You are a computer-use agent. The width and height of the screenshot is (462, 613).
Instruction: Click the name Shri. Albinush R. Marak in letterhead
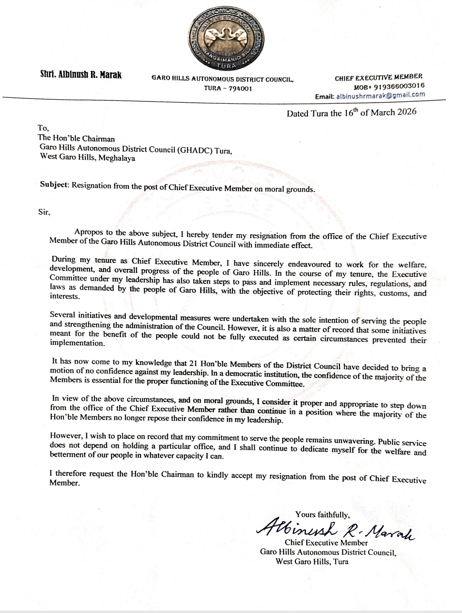tap(81, 75)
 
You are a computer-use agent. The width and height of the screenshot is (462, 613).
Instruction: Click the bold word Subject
tap(55, 185)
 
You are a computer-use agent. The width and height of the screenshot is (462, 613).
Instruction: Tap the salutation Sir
tap(44, 212)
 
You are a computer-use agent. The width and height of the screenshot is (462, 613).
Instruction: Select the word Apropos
tap(90, 233)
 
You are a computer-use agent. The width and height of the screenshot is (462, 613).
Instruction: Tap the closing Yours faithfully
tap(322, 515)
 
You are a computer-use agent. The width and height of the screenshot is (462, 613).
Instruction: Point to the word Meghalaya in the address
tap(117, 158)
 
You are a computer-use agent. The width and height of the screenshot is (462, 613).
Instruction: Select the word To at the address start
tap(43, 127)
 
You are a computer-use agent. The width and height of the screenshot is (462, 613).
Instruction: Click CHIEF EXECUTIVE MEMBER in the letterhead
tap(378, 77)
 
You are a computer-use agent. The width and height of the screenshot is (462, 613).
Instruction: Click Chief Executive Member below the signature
tap(326, 543)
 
